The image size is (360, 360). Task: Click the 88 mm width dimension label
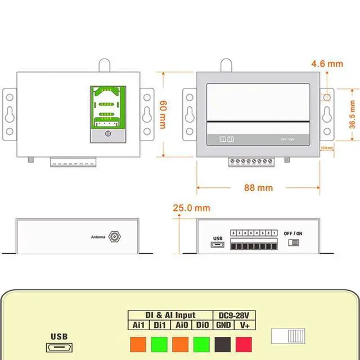click(x=258, y=187)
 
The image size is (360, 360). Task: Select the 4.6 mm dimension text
click(x=327, y=64)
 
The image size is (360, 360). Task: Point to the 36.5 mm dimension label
click(x=352, y=115)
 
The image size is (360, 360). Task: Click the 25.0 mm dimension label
click(x=191, y=208)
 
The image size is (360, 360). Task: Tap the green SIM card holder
click(x=107, y=114)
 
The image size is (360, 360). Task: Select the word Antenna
click(x=98, y=237)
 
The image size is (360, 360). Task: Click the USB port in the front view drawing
click(x=217, y=245)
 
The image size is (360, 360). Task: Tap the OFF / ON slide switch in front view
click(x=292, y=242)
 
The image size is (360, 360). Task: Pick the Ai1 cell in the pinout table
click(x=138, y=325)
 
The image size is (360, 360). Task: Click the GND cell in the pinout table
click(x=223, y=325)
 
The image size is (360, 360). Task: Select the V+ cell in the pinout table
click(x=245, y=325)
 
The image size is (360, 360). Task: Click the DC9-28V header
click(x=234, y=315)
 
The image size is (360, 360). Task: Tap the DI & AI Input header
click(x=170, y=315)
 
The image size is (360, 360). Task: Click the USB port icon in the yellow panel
click(x=59, y=348)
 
